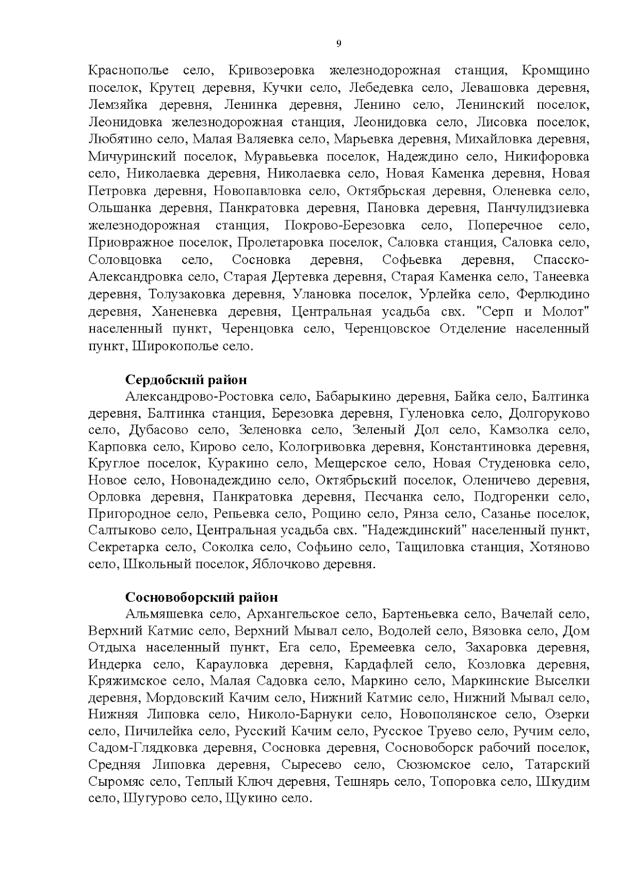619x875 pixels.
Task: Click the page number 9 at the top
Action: coord(338,43)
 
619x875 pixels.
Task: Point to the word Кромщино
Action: coord(556,71)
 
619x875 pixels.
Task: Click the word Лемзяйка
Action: coord(118,105)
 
